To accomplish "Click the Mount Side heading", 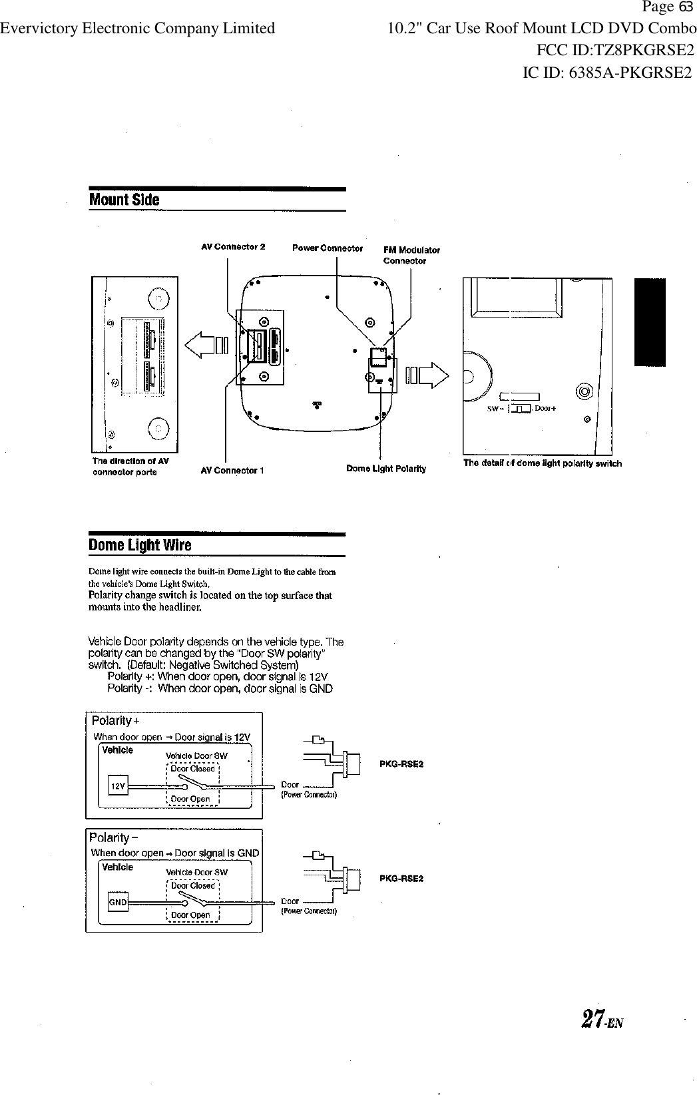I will tap(124, 200).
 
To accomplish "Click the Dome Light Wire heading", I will tap(140, 545).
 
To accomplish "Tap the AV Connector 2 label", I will tap(233, 247).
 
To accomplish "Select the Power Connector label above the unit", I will tap(328, 248).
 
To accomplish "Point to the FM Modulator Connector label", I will tap(411, 255).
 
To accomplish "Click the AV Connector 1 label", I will tap(232, 471).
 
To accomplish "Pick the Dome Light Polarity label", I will tap(386, 469).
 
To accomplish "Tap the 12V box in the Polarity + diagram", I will tap(118, 786).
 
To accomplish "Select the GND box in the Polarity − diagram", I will tap(118, 902).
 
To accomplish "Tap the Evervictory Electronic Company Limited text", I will tap(138, 28).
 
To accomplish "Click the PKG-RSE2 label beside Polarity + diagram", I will tap(401, 764).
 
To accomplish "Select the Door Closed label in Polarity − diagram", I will tap(193, 885).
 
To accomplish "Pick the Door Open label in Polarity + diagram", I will tap(190, 799).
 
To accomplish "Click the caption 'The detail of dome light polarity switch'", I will tap(543, 463).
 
